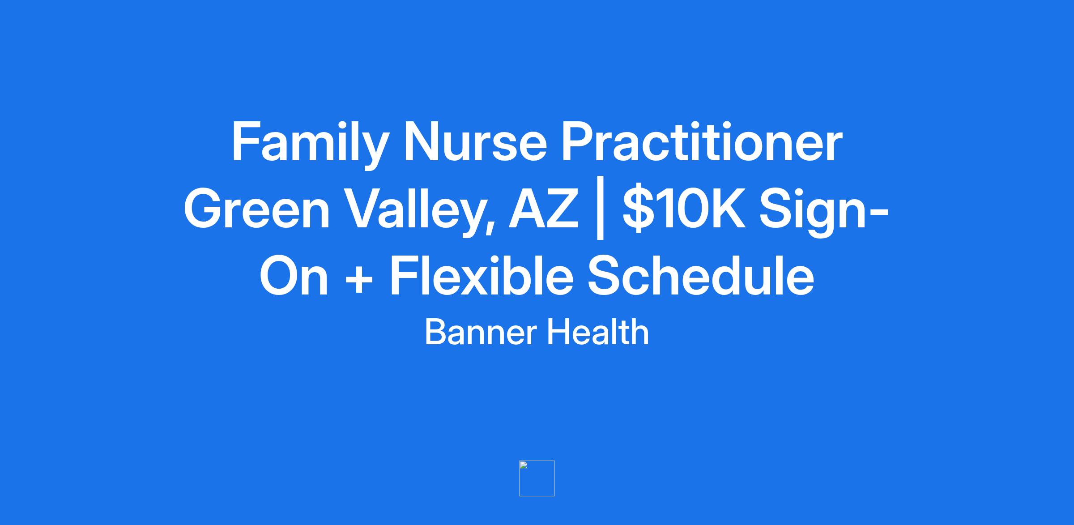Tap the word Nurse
[475, 142]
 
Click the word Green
[257, 209]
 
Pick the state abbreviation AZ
[543, 209]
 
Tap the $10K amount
[684, 209]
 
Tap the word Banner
[480, 332]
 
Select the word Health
[597, 332]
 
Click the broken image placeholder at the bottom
[537, 478]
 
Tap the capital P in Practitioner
[579, 142]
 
